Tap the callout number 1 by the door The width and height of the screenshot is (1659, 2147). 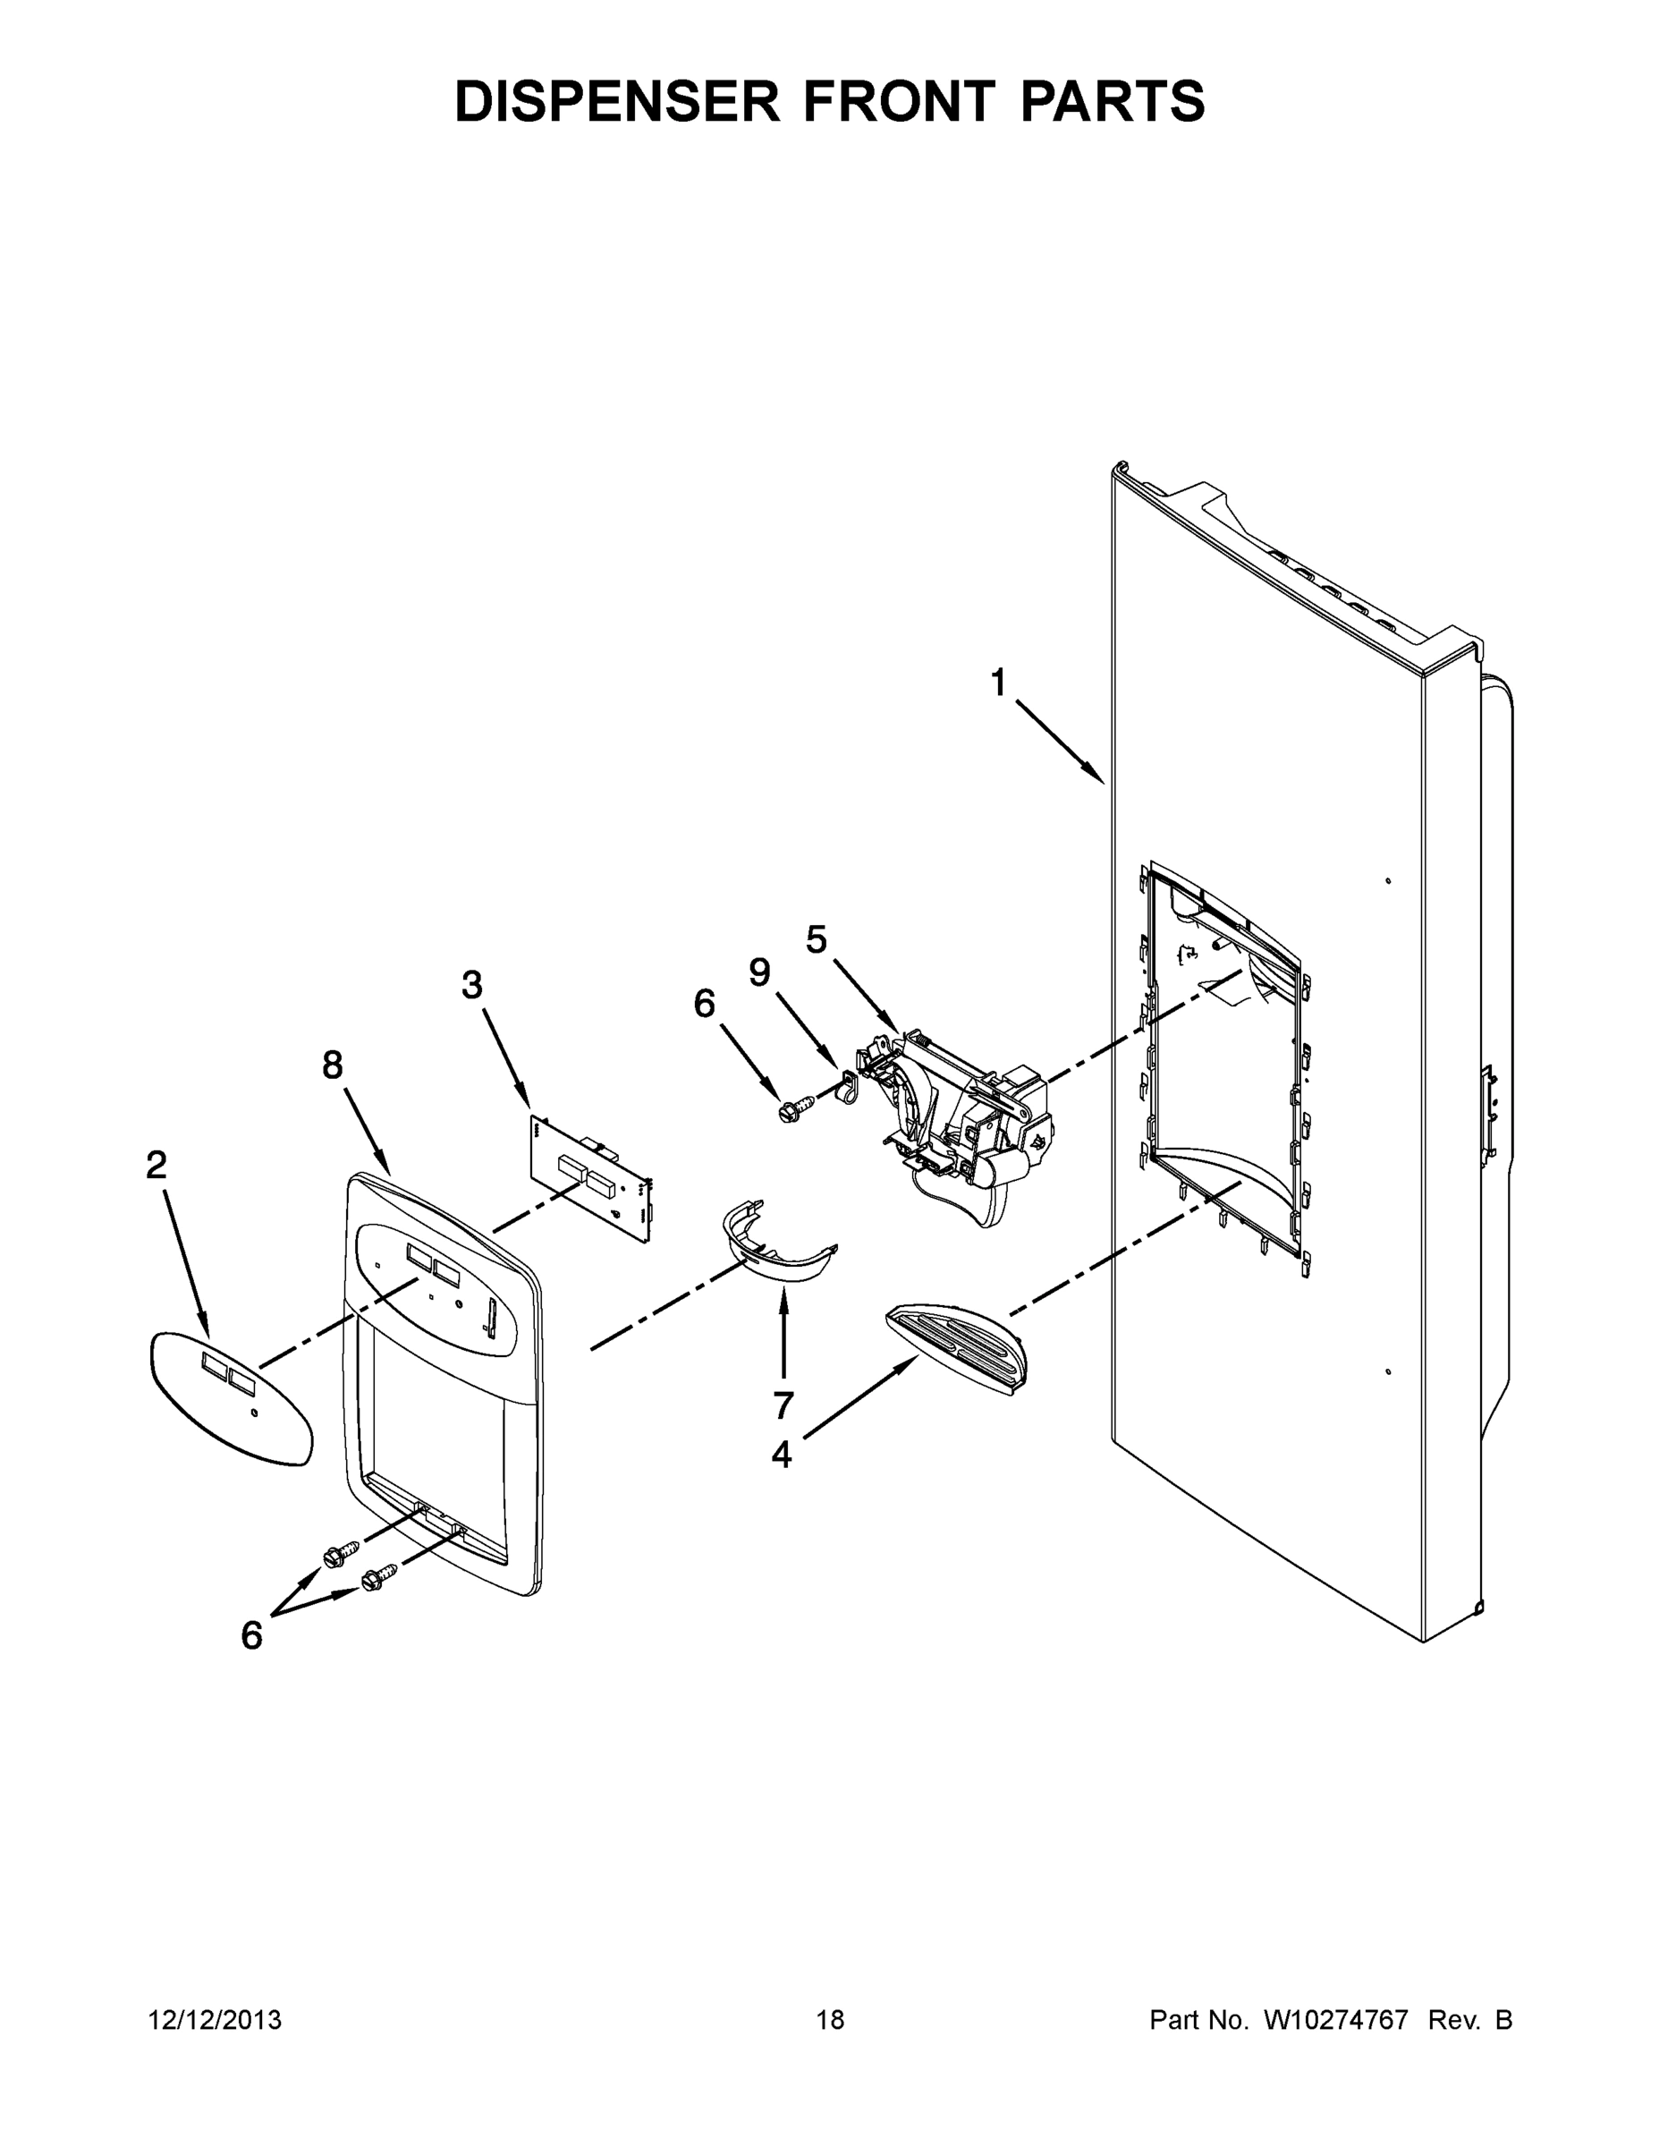pyautogui.click(x=999, y=683)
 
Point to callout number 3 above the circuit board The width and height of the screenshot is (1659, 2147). pyautogui.click(x=473, y=984)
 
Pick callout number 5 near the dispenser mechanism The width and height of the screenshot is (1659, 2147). pyautogui.click(x=817, y=940)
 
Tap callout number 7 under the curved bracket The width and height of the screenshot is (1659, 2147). pyautogui.click(x=783, y=1405)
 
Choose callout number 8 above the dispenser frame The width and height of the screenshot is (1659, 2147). pyautogui.click(x=334, y=1065)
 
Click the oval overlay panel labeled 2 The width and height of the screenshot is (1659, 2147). pyautogui.click(x=231, y=1398)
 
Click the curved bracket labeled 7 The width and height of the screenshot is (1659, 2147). pyautogui.click(x=778, y=1248)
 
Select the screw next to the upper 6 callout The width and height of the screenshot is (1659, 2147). pyautogui.click(x=789, y=1112)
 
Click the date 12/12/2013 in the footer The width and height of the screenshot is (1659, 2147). pyautogui.click(x=215, y=2020)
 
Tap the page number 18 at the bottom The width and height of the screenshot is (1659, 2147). pyautogui.click(x=831, y=2020)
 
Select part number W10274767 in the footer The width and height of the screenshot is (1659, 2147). pyautogui.click(x=1337, y=2020)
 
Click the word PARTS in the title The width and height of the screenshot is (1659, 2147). pyautogui.click(x=1113, y=101)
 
